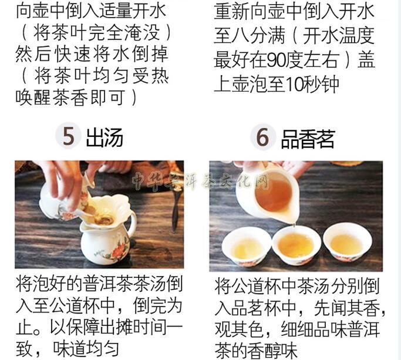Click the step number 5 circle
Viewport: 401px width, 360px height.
pos(68,136)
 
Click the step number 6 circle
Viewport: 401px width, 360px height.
pos(262,137)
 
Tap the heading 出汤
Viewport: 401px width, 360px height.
pos(105,137)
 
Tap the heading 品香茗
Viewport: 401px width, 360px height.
pos(308,139)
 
